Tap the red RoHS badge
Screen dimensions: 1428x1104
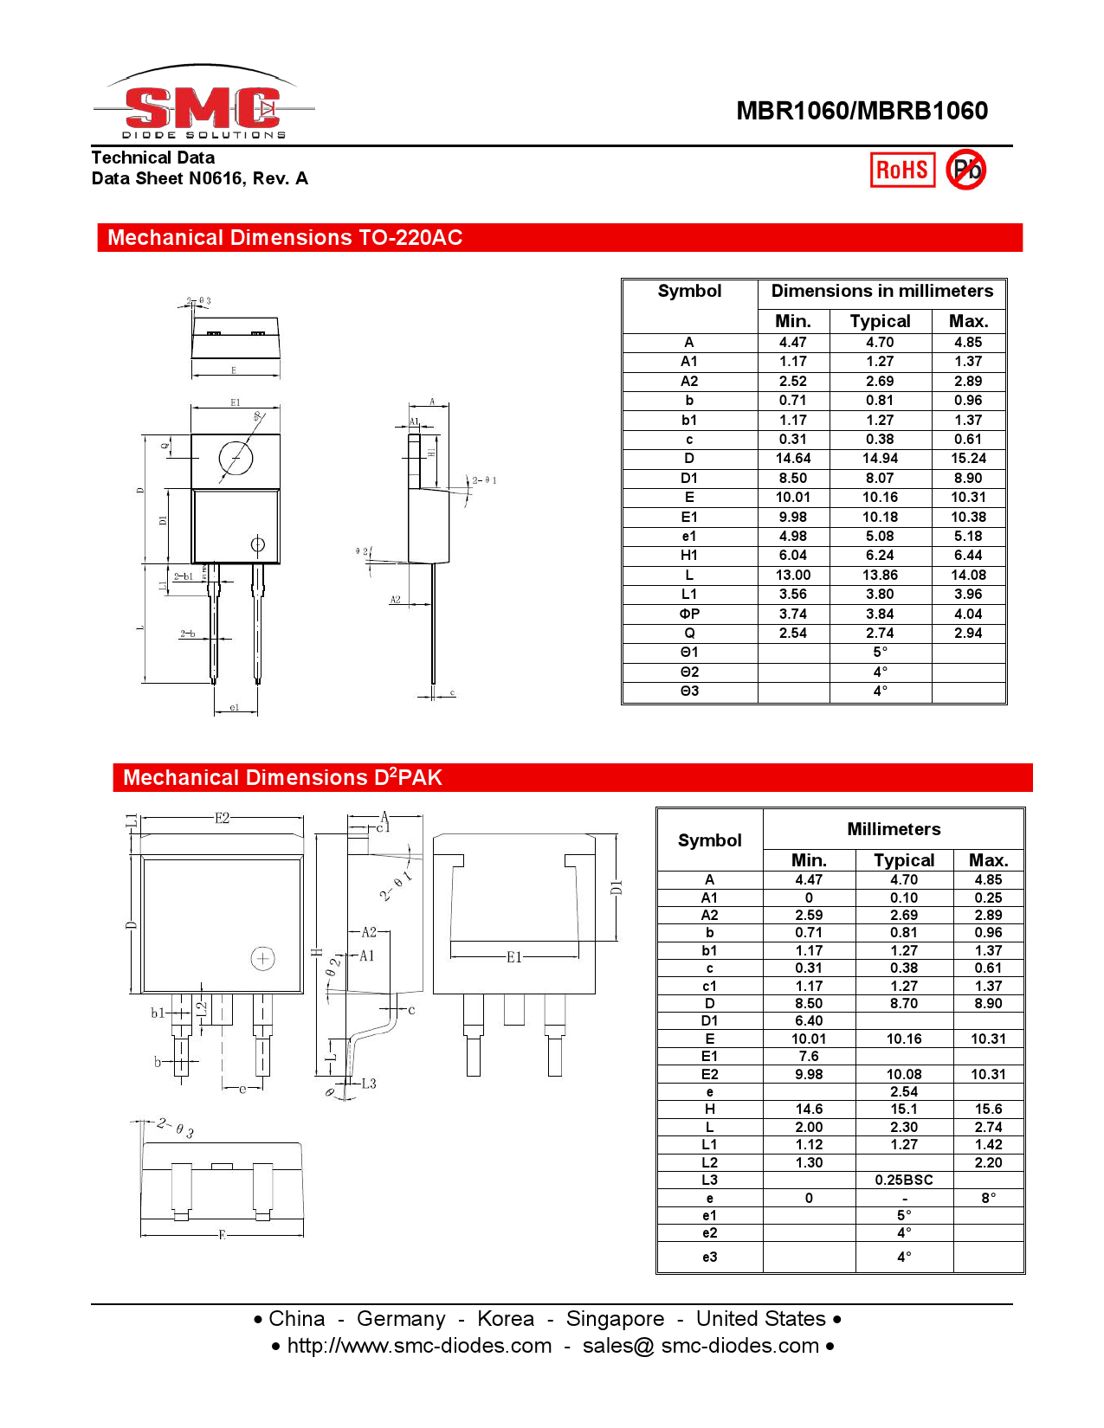coord(902,170)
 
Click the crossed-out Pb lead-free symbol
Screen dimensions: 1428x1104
coord(965,170)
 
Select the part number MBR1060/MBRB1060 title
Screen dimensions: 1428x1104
coord(862,111)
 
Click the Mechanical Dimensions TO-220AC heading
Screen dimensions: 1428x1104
coord(285,238)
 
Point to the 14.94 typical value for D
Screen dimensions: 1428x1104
coord(880,459)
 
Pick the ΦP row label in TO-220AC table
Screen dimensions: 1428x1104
coord(689,614)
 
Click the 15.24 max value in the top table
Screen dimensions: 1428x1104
coord(968,459)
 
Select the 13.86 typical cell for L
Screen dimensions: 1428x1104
coord(880,576)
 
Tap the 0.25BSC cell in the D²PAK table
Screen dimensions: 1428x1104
coord(903,1180)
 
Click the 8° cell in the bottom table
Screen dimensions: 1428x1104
coord(988,1199)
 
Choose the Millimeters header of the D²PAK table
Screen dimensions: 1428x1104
coord(894,829)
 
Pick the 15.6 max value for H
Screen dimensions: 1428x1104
coord(988,1110)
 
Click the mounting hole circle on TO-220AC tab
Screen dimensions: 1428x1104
coord(236,458)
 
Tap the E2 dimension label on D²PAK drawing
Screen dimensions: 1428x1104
coord(223,818)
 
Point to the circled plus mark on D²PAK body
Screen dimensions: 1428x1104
coord(262,958)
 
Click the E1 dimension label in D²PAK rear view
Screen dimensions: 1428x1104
coord(514,957)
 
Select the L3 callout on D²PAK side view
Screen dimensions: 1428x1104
coord(368,1084)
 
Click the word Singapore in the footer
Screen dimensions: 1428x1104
coord(615,1319)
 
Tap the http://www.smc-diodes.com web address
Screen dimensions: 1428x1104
coord(419,1346)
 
